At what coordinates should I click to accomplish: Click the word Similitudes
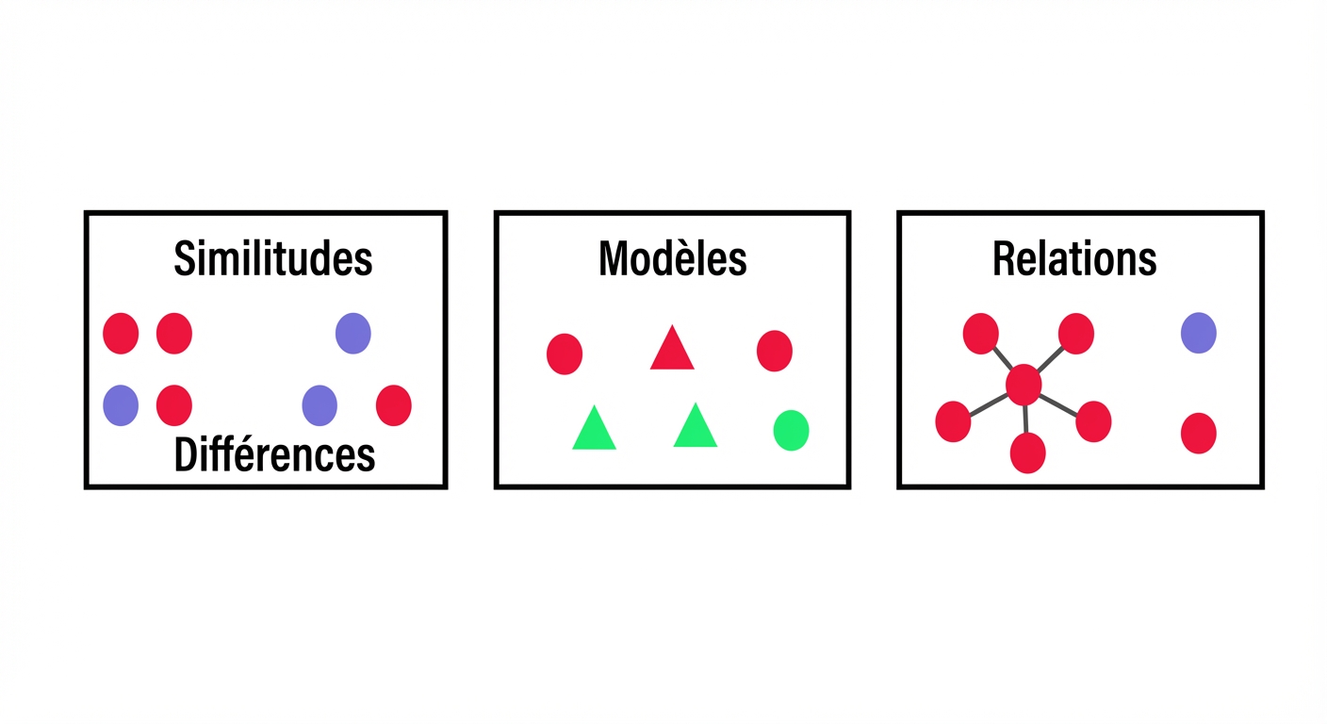(x=273, y=259)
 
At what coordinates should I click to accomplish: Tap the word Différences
(x=274, y=454)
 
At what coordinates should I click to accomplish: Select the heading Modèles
(x=672, y=258)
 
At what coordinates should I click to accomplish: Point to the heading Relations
(x=1074, y=258)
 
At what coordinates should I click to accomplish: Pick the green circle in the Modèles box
(x=791, y=430)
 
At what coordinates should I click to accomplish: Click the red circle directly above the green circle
(x=775, y=352)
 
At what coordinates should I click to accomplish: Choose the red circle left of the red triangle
(x=565, y=354)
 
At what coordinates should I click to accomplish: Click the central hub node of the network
(x=1024, y=386)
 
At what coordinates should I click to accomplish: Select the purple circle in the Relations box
(x=1199, y=333)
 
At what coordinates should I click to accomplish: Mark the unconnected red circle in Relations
(x=1199, y=433)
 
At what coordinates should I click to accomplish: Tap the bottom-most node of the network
(x=1028, y=452)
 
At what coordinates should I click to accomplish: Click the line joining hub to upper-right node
(x=1050, y=359)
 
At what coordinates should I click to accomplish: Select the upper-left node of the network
(x=980, y=334)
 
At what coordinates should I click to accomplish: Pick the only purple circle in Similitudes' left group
(x=121, y=405)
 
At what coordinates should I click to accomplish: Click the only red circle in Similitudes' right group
(x=394, y=405)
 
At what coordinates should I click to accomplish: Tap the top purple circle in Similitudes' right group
(x=353, y=333)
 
